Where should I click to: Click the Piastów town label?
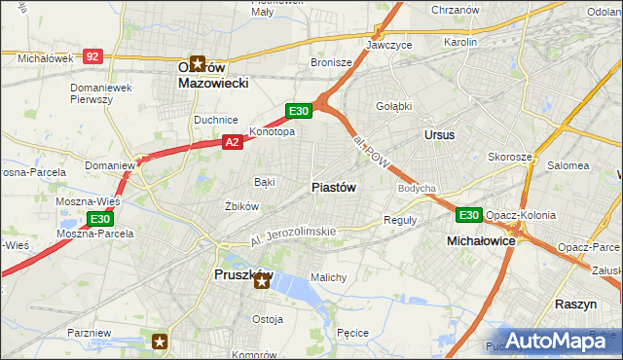click(x=334, y=187)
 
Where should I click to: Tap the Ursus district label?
click(x=439, y=134)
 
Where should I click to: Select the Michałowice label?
click(x=480, y=239)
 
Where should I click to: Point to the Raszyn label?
click(x=575, y=304)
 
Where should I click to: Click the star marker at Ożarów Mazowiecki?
click(x=199, y=65)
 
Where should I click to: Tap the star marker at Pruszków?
click(x=261, y=280)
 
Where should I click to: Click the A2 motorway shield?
click(x=232, y=142)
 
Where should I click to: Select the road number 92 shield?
click(x=92, y=57)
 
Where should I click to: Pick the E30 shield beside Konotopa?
click(x=299, y=111)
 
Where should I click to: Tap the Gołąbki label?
click(x=394, y=106)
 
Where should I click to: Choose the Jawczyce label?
click(x=389, y=45)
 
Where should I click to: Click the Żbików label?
click(x=241, y=206)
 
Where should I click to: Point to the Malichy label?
click(x=328, y=277)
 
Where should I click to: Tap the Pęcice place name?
click(x=351, y=333)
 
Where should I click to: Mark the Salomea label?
click(x=568, y=165)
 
